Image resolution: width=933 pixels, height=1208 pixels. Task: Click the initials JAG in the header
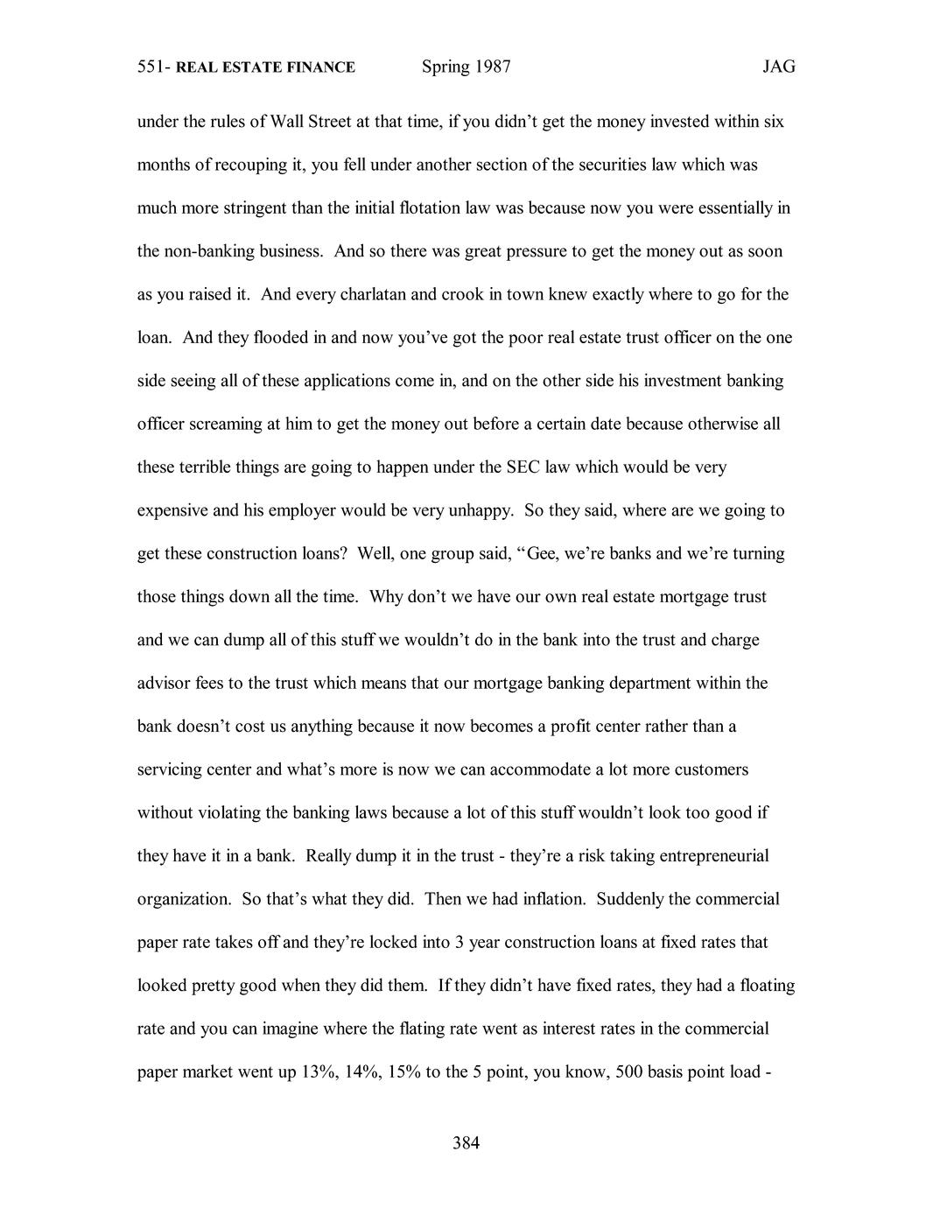[778, 67]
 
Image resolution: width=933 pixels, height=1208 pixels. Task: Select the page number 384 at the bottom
[466, 1142]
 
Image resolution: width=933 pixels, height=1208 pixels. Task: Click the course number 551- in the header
[154, 67]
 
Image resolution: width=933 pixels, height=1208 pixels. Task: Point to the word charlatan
[368, 294]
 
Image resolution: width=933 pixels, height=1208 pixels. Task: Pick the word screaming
[222, 424]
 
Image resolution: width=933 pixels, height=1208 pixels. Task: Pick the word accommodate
[537, 769]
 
